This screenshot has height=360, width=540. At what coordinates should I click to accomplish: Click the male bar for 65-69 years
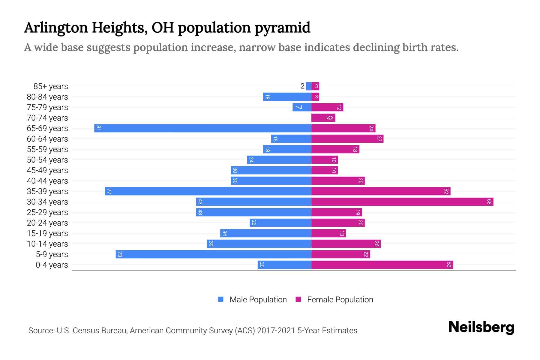click(202, 128)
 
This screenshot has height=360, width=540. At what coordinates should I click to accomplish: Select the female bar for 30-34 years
click(402, 202)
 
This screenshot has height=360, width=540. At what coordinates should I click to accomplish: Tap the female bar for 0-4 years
click(382, 265)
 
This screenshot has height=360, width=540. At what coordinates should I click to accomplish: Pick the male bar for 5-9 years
click(213, 254)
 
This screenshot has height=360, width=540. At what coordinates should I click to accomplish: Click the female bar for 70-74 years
click(323, 118)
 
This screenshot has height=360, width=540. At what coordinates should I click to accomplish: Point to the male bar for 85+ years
click(308, 86)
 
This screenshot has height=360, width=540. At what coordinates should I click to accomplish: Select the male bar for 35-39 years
click(208, 191)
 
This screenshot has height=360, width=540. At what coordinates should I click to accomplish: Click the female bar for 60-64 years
click(347, 139)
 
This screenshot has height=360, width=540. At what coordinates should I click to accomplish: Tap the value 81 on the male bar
click(98, 128)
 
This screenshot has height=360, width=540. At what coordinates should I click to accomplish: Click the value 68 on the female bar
click(489, 202)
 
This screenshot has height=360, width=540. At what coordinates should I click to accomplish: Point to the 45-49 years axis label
click(47, 170)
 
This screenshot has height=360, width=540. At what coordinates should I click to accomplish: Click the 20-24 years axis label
click(47, 223)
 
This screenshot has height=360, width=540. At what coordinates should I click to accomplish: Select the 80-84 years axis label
click(47, 97)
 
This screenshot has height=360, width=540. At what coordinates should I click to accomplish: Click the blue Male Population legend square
click(221, 299)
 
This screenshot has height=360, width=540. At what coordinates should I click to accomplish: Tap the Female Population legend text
click(340, 300)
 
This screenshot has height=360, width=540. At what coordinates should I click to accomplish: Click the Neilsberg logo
click(481, 327)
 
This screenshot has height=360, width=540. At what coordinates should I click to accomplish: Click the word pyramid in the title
click(282, 28)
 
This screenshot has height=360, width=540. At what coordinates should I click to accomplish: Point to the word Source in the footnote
click(41, 331)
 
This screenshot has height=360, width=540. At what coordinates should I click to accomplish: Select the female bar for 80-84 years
click(315, 97)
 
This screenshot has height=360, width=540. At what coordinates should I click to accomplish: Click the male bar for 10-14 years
click(259, 244)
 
